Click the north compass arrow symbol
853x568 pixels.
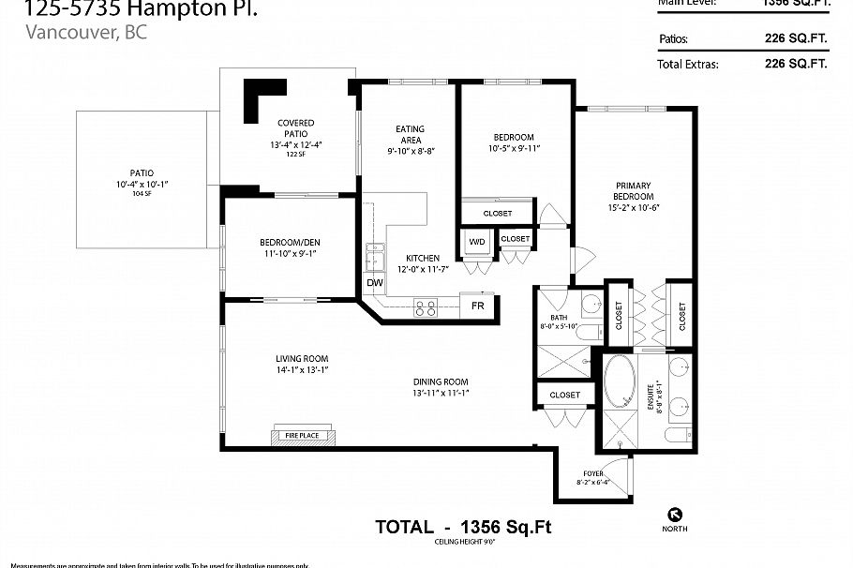[x=674, y=513]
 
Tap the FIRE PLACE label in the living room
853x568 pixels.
[x=295, y=436]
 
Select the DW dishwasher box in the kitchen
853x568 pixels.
[x=374, y=283]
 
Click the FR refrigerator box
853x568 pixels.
[x=477, y=306]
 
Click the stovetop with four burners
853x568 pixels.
[x=426, y=306]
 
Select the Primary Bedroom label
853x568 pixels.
[x=634, y=190]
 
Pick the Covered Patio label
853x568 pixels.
[x=295, y=128]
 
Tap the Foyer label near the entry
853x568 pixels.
[x=592, y=474]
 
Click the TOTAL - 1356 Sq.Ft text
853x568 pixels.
[x=463, y=528]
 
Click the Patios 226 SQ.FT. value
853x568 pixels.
[x=796, y=39]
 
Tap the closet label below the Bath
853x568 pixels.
[x=564, y=395]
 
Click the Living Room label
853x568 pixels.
[x=302, y=358]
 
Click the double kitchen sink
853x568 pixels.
[x=376, y=256]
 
